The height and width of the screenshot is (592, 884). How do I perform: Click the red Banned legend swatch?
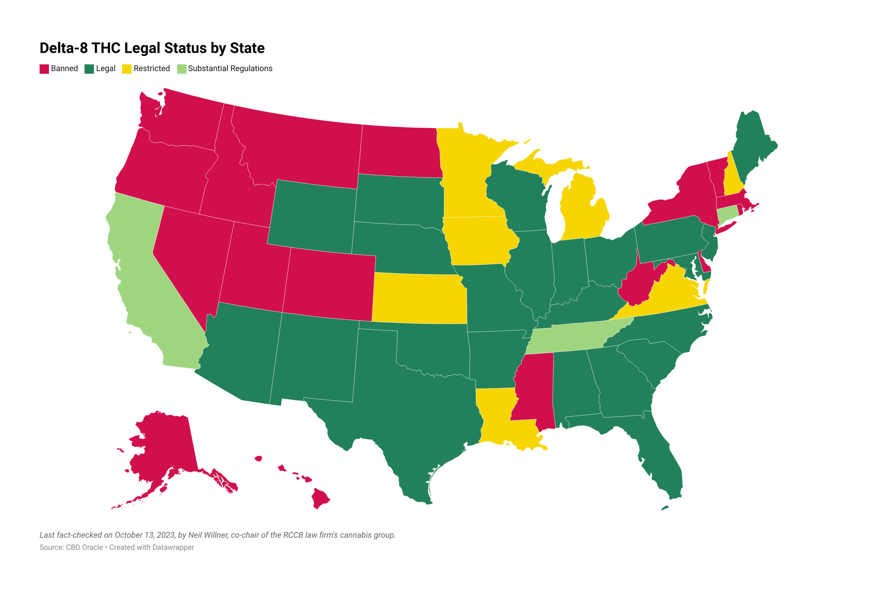pyautogui.click(x=44, y=69)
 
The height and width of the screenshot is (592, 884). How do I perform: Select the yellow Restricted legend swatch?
pyautogui.click(x=126, y=69)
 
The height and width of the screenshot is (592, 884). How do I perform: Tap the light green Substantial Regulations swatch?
pyautogui.click(x=182, y=69)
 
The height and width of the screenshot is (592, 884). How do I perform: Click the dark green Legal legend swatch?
pyautogui.click(x=89, y=69)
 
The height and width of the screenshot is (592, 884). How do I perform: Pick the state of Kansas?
pyautogui.click(x=419, y=298)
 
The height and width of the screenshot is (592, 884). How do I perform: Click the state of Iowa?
pyautogui.click(x=478, y=240)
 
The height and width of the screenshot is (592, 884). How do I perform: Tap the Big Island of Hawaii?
pyautogui.click(x=320, y=498)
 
